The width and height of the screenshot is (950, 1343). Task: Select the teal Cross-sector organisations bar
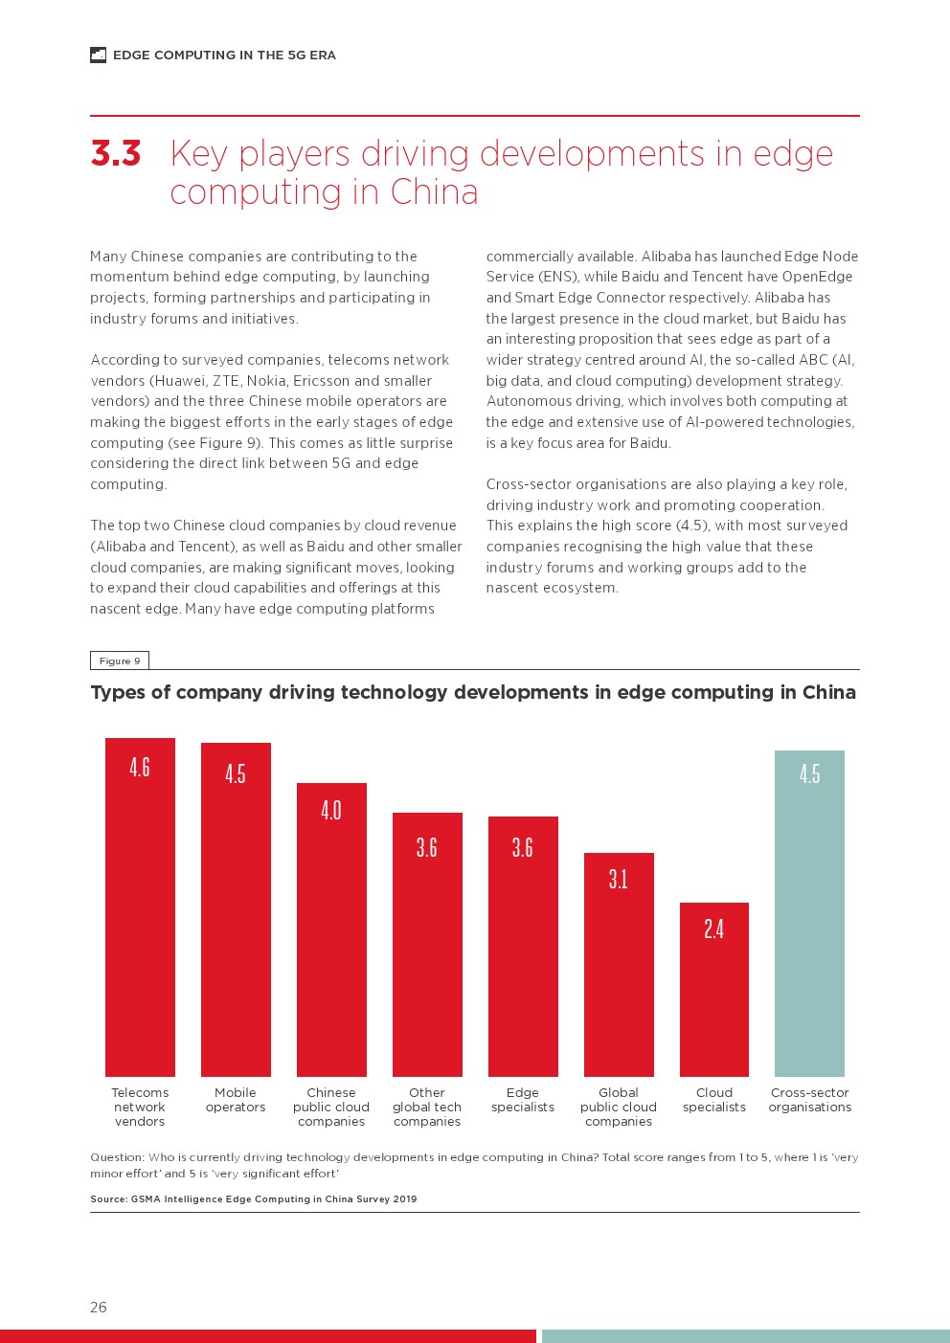coord(809,913)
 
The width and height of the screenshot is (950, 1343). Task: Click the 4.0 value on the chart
coord(331,811)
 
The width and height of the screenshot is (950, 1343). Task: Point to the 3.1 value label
coord(619,879)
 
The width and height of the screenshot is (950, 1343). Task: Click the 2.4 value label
coord(714,929)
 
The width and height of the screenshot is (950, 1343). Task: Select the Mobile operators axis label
coord(236,1100)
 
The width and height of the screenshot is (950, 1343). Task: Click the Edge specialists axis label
coord(523,1100)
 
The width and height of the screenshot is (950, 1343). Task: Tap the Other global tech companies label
coord(427,1107)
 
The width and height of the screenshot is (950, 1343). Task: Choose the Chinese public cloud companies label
coord(331,1107)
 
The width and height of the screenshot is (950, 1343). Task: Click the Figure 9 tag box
coord(120,660)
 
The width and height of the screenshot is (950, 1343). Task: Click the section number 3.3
coord(116,154)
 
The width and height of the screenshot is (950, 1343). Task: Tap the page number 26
coord(99,1307)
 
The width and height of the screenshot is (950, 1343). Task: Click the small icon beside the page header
coord(98,56)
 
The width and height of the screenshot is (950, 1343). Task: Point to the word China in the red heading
coord(434,192)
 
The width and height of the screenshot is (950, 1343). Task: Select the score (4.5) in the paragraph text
coord(693,526)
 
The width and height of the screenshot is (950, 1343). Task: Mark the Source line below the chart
coord(254,1198)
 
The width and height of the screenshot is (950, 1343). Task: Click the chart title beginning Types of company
coord(473,692)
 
